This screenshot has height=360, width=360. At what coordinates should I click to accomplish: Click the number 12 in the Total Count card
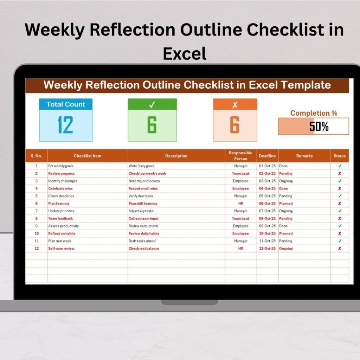65,125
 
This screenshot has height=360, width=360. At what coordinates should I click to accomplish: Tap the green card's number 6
152,125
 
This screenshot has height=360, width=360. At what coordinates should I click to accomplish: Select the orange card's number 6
235,125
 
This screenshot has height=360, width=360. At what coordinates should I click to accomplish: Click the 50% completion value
319,126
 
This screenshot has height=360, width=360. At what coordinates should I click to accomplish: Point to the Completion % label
314,113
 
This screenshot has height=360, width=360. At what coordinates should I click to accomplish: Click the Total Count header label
66,104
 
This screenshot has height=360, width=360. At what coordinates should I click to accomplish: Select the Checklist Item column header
88,156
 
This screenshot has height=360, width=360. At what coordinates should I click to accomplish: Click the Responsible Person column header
240,156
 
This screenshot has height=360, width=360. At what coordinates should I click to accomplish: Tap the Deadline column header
267,156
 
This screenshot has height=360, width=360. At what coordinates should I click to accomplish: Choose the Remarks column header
304,156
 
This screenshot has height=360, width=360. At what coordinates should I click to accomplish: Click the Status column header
340,156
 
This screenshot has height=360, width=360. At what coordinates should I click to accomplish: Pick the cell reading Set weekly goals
61,166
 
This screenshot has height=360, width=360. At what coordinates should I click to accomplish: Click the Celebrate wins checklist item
60,188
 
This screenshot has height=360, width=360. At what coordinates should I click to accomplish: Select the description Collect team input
143,218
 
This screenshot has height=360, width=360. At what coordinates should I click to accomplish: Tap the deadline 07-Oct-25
267,211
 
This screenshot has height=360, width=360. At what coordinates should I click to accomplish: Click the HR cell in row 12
240,248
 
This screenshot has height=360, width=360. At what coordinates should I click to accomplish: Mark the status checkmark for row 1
340,166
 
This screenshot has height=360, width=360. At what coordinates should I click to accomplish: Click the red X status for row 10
340,233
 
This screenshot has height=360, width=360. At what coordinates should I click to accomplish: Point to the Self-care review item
61,248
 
